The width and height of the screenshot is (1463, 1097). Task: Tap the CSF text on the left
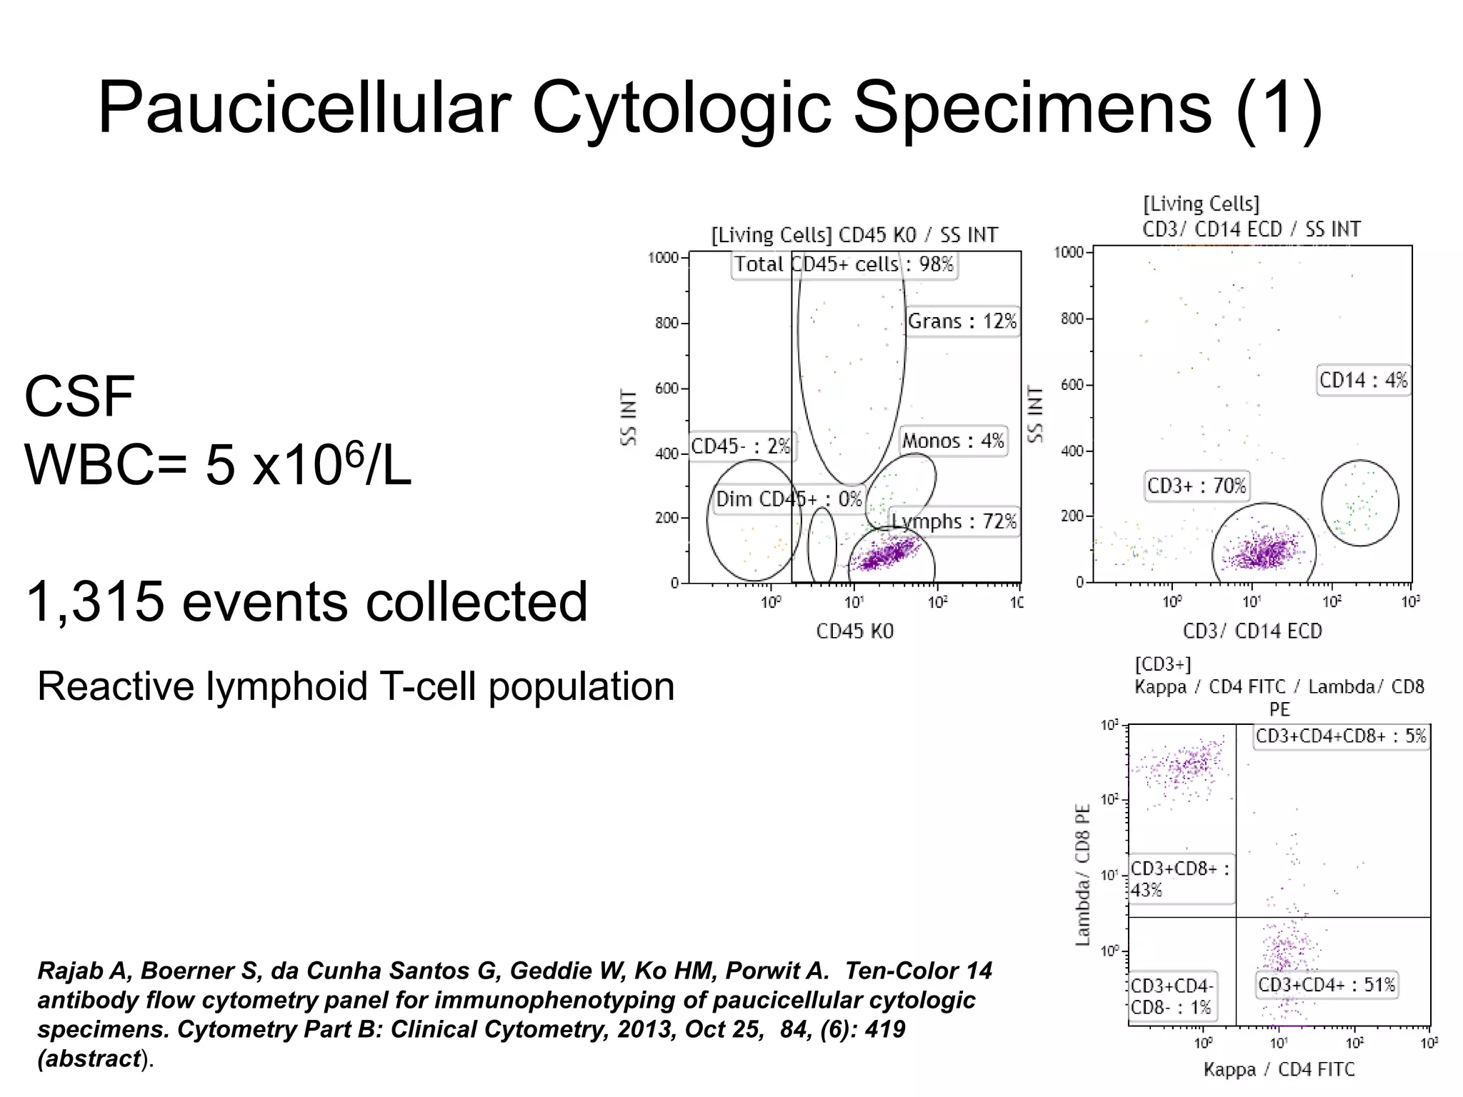[79, 397]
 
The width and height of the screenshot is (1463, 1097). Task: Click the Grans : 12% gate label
[962, 321]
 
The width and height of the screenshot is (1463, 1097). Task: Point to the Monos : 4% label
[953, 441]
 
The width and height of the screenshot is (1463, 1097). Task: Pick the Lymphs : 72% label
[954, 521]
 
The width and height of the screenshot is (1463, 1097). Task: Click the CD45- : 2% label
[741, 446]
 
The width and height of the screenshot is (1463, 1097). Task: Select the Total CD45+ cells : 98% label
[844, 264]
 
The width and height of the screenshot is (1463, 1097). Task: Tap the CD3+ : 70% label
[1196, 486]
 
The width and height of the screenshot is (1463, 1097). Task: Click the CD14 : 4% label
[1363, 380]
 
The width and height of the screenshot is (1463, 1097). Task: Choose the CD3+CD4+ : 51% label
[1326, 985]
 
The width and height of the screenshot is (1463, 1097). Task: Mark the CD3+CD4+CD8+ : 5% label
[1341, 736]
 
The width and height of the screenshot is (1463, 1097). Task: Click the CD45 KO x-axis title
[854, 631]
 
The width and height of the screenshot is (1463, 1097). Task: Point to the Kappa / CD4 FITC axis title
[1279, 1069]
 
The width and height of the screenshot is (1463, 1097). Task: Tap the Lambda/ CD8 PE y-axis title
[1084, 875]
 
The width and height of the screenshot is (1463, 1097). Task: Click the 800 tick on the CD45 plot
[666, 324]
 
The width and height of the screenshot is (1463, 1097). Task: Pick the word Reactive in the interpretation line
[115, 686]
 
